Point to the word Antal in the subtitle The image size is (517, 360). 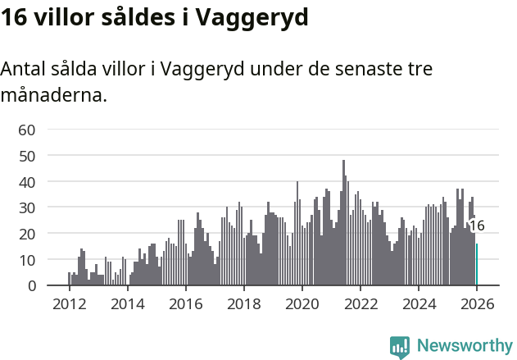point(24,69)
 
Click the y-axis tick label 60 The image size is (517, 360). point(26,129)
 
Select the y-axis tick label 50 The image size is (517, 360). point(26,155)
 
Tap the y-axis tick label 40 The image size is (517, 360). point(26,181)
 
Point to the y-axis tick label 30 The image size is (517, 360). point(26,207)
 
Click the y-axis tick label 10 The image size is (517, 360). point(26,260)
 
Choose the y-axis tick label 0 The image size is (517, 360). point(30,286)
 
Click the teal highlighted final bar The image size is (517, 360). point(477,265)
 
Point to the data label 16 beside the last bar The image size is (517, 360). point(476,226)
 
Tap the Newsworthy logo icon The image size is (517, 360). point(400,347)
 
